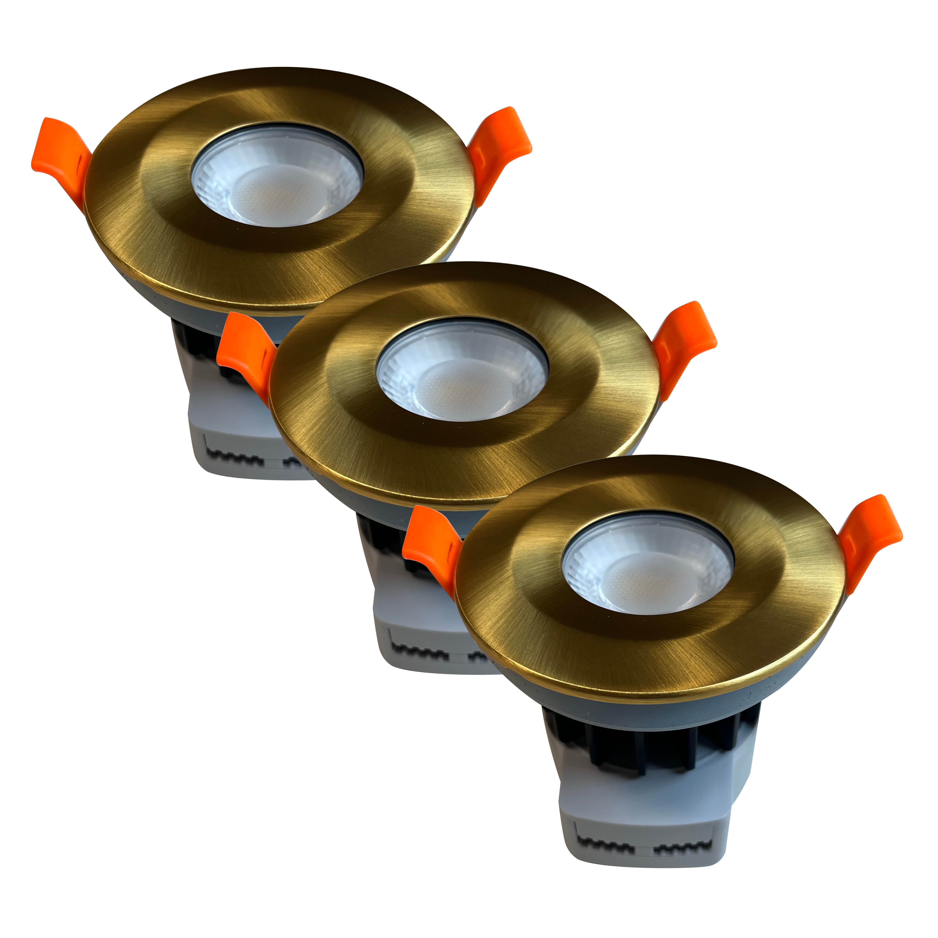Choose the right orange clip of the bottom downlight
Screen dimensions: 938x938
pos(869,534)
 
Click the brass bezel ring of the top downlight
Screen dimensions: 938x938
pos(146,219)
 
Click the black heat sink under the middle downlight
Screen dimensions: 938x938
pos(384,539)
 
